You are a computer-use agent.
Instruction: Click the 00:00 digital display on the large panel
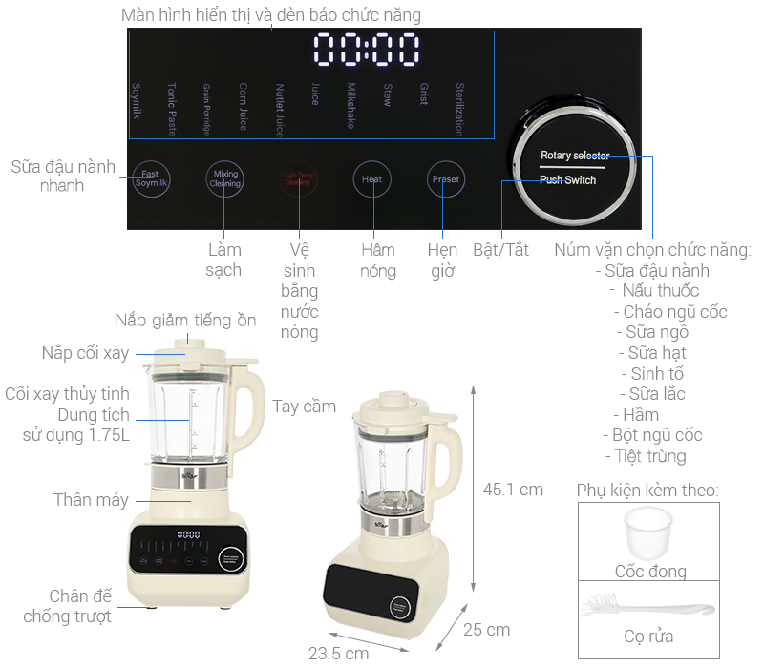click(x=366, y=49)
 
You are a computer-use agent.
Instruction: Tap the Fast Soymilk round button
click(x=150, y=178)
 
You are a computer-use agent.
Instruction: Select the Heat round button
click(x=371, y=179)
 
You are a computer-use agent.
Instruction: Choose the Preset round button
click(x=445, y=179)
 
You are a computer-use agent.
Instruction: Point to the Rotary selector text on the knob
click(x=574, y=155)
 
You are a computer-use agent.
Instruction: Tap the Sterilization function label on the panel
click(x=459, y=109)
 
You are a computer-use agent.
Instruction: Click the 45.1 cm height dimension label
click(x=513, y=490)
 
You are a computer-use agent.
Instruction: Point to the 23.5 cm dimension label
click(x=338, y=654)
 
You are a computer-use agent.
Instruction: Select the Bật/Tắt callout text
click(x=500, y=250)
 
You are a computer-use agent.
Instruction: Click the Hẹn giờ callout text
click(x=441, y=261)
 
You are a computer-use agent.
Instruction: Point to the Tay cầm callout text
click(x=305, y=407)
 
